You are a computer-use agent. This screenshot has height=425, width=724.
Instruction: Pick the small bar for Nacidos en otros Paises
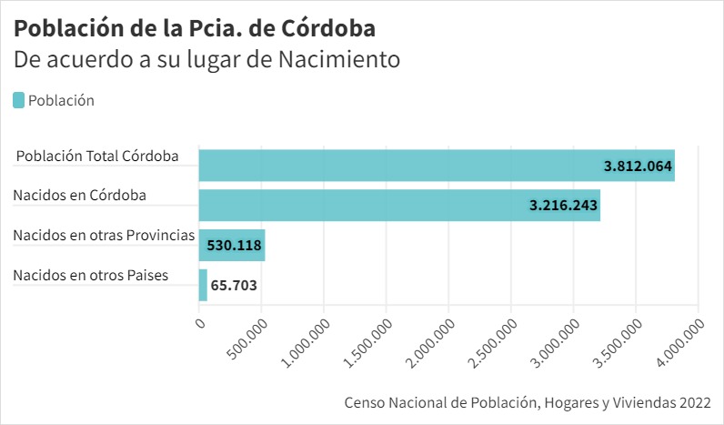pos(203,285)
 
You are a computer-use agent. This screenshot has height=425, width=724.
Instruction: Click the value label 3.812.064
pos(638,166)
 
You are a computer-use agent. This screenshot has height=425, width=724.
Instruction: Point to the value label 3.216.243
pos(563,206)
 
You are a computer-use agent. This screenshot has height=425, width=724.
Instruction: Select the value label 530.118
pos(236,245)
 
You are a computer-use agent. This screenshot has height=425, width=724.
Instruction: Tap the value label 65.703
pos(234,285)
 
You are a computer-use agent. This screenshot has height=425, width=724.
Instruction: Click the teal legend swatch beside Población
pos(19,100)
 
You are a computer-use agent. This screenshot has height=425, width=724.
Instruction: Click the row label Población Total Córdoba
pos(97,157)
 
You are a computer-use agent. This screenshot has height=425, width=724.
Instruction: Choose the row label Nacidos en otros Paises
pos(91,275)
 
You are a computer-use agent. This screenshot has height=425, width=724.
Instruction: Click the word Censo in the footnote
pos(364,401)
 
